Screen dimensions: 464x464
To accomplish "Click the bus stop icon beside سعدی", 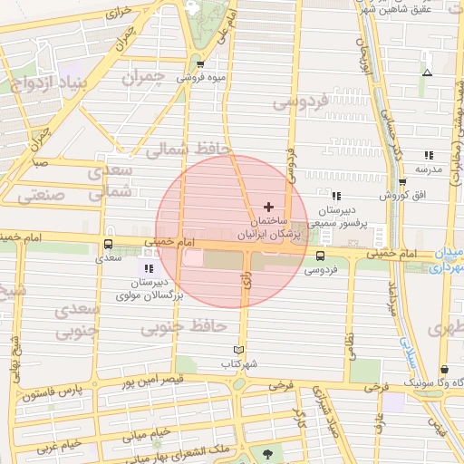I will coord(109,245).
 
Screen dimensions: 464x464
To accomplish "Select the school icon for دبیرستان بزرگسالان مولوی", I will coord(148,268).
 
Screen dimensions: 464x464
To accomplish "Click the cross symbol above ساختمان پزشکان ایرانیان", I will coord(267,207).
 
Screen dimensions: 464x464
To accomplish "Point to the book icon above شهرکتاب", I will coord(239,350).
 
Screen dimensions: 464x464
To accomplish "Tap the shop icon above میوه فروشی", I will coord(200,63).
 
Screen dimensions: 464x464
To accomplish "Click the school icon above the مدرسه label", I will coord(428,155).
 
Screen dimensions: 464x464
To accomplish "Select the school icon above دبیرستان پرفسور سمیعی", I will coord(336,195).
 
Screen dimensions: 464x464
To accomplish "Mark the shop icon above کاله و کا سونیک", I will coord(444,370).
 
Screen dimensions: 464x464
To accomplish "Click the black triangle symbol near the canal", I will coord(428,72).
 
